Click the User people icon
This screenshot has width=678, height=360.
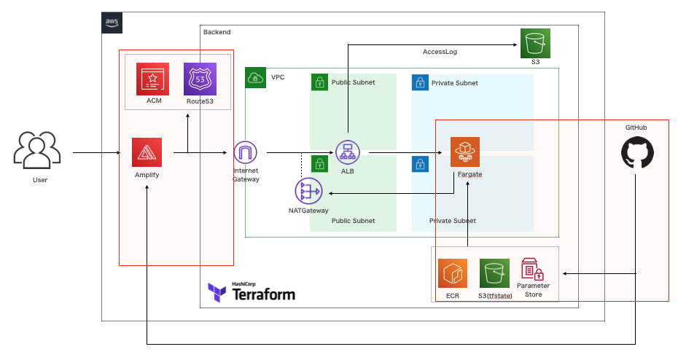pyautogui.click(x=35, y=149)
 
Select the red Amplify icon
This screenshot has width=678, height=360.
pyautogui.click(x=147, y=152)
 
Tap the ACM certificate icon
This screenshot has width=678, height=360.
pyautogui.click(x=152, y=79)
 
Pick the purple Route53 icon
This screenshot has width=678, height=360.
pyautogui.click(x=200, y=79)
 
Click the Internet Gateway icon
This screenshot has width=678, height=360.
pyautogui.click(x=246, y=152)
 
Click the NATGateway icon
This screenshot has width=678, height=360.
pyautogui.click(x=307, y=192)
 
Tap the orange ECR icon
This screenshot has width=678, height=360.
pyautogui.click(x=453, y=274)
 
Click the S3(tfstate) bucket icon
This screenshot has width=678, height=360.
pyautogui.click(x=494, y=274)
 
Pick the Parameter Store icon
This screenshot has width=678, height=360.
pyautogui.click(x=533, y=270)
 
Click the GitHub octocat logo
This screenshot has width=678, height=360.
pyautogui.click(x=636, y=154)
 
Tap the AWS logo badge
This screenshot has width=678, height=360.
pyautogui.click(x=112, y=23)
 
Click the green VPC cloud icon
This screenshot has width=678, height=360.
pyautogui.click(x=256, y=77)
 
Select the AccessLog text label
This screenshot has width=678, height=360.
pyautogui.click(x=440, y=52)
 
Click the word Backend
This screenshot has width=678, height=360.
pyautogui.click(x=217, y=32)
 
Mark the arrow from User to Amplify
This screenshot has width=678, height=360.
pyautogui.click(x=97, y=153)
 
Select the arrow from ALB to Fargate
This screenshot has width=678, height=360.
pyautogui.click(x=405, y=153)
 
